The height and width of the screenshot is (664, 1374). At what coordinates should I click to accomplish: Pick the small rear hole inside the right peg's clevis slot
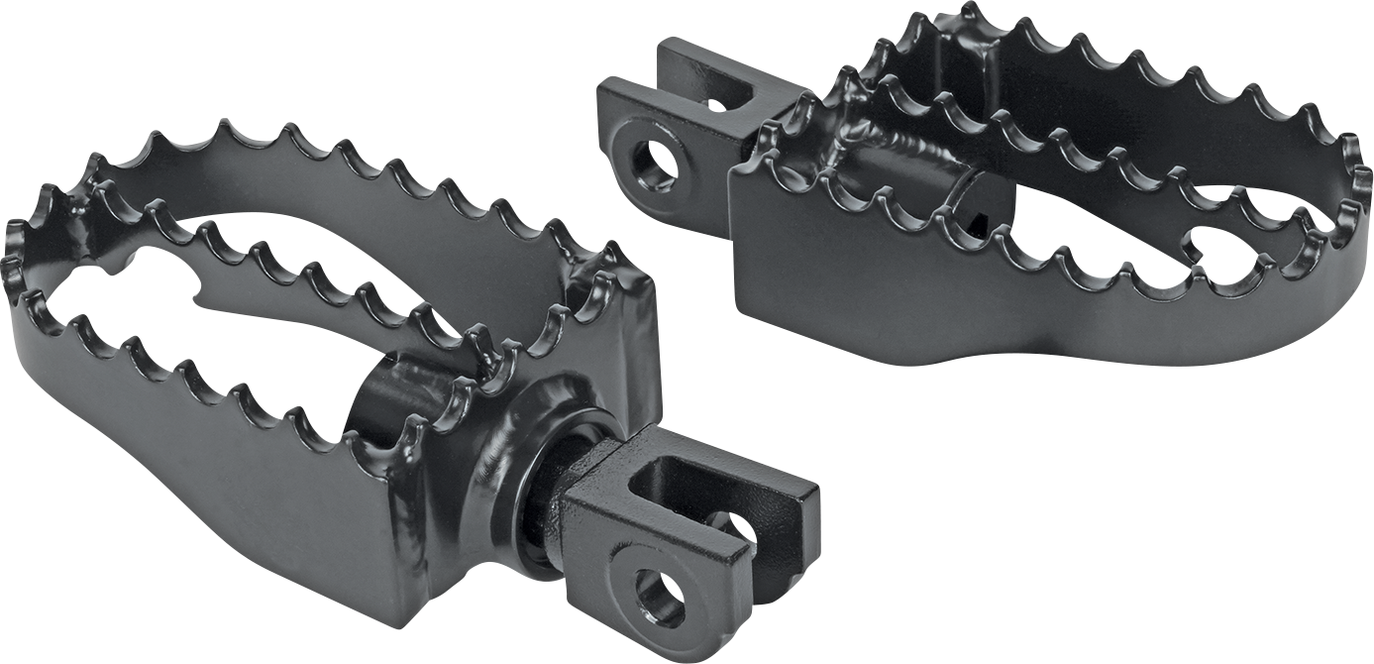pyautogui.click(x=716, y=102)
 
